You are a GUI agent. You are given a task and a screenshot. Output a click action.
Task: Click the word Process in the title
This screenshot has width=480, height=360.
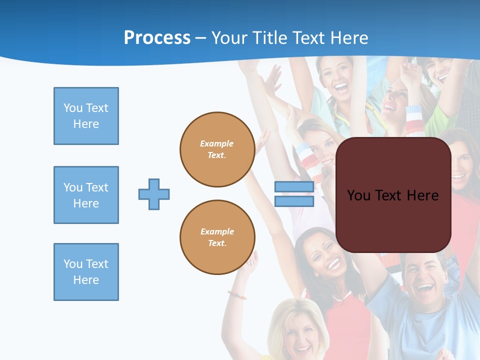(157, 38)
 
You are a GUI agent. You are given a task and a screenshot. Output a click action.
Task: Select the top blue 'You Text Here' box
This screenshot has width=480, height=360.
(86, 116)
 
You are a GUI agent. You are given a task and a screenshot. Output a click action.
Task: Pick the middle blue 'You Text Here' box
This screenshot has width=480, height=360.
(86, 195)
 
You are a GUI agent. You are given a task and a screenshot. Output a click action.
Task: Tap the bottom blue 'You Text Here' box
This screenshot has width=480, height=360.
(86, 272)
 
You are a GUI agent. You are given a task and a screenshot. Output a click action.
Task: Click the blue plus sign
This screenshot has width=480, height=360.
(154, 194)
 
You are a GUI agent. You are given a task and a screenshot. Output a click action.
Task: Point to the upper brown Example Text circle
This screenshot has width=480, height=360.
(217, 149)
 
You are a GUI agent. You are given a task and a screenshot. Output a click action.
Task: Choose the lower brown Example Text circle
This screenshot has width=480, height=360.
(217, 237)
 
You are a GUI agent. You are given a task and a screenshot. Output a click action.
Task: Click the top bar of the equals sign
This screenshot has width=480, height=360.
(294, 187)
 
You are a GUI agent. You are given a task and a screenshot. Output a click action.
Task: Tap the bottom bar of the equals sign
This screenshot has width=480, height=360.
(294, 201)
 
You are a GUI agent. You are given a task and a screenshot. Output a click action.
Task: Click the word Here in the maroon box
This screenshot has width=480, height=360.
(422, 195)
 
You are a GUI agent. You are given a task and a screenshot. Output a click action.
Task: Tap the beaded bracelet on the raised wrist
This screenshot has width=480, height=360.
(237, 295)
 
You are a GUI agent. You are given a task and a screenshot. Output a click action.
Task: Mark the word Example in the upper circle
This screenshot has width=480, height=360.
(217, 143)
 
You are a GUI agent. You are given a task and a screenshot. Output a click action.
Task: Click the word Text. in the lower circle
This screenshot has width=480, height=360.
(217, 243)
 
